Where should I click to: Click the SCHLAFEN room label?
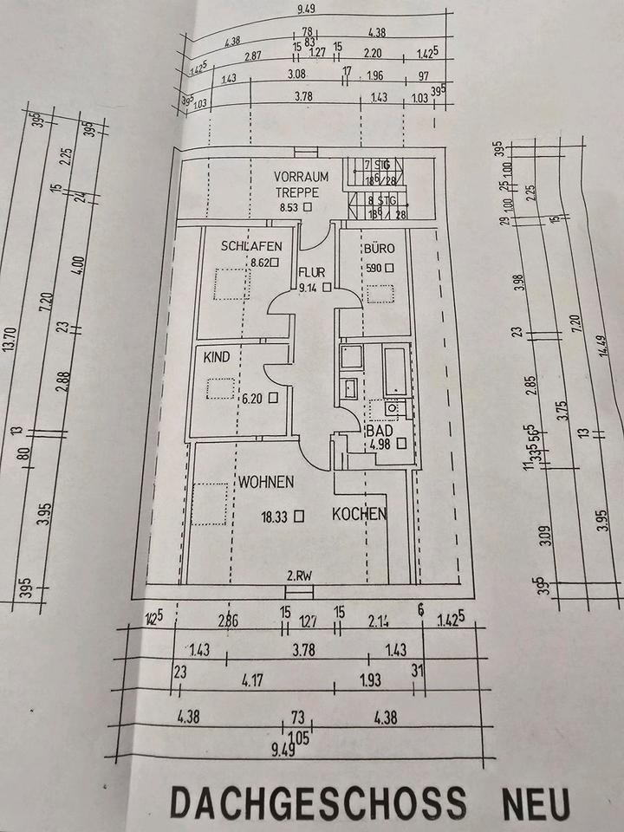pos(251,245)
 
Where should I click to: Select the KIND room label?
pos(216,356)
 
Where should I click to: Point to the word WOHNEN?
pos(267,481)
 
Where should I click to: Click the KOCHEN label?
pos(359,514)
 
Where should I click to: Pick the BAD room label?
pos(379,430)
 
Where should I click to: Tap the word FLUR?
pos(311,270)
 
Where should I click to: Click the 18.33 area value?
pos(276,516)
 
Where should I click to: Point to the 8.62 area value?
pos(261,263)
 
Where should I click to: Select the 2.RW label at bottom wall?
pos(299,575)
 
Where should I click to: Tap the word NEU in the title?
pos(536,803)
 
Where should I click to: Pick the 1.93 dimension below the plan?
pos(370,680)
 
